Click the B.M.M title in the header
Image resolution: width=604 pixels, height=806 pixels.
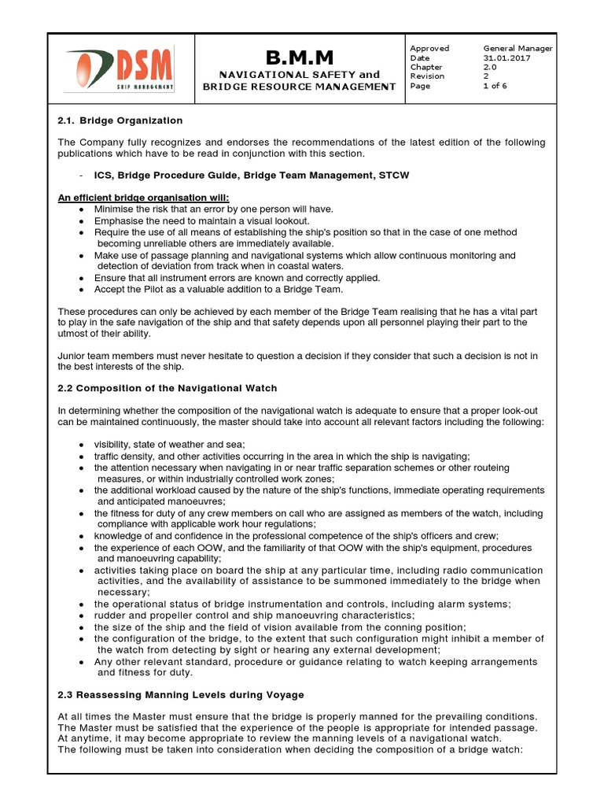click(299, 57)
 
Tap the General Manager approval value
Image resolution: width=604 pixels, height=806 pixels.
click(517, 48)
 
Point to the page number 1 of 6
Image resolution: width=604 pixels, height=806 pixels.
click(495, 86)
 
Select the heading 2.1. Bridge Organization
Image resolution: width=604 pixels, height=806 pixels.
click(120, 120)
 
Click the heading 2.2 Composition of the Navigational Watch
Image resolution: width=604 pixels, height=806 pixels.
click(168, 388)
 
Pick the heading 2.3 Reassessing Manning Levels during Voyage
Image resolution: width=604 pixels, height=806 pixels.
click(181, 695)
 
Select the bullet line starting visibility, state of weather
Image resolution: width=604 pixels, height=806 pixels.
click(170, 445)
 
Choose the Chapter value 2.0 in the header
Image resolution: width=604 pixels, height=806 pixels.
click(491, 67)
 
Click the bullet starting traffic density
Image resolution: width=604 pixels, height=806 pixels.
click(282, 457)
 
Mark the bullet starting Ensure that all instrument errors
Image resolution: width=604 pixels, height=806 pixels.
click(237, 278)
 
